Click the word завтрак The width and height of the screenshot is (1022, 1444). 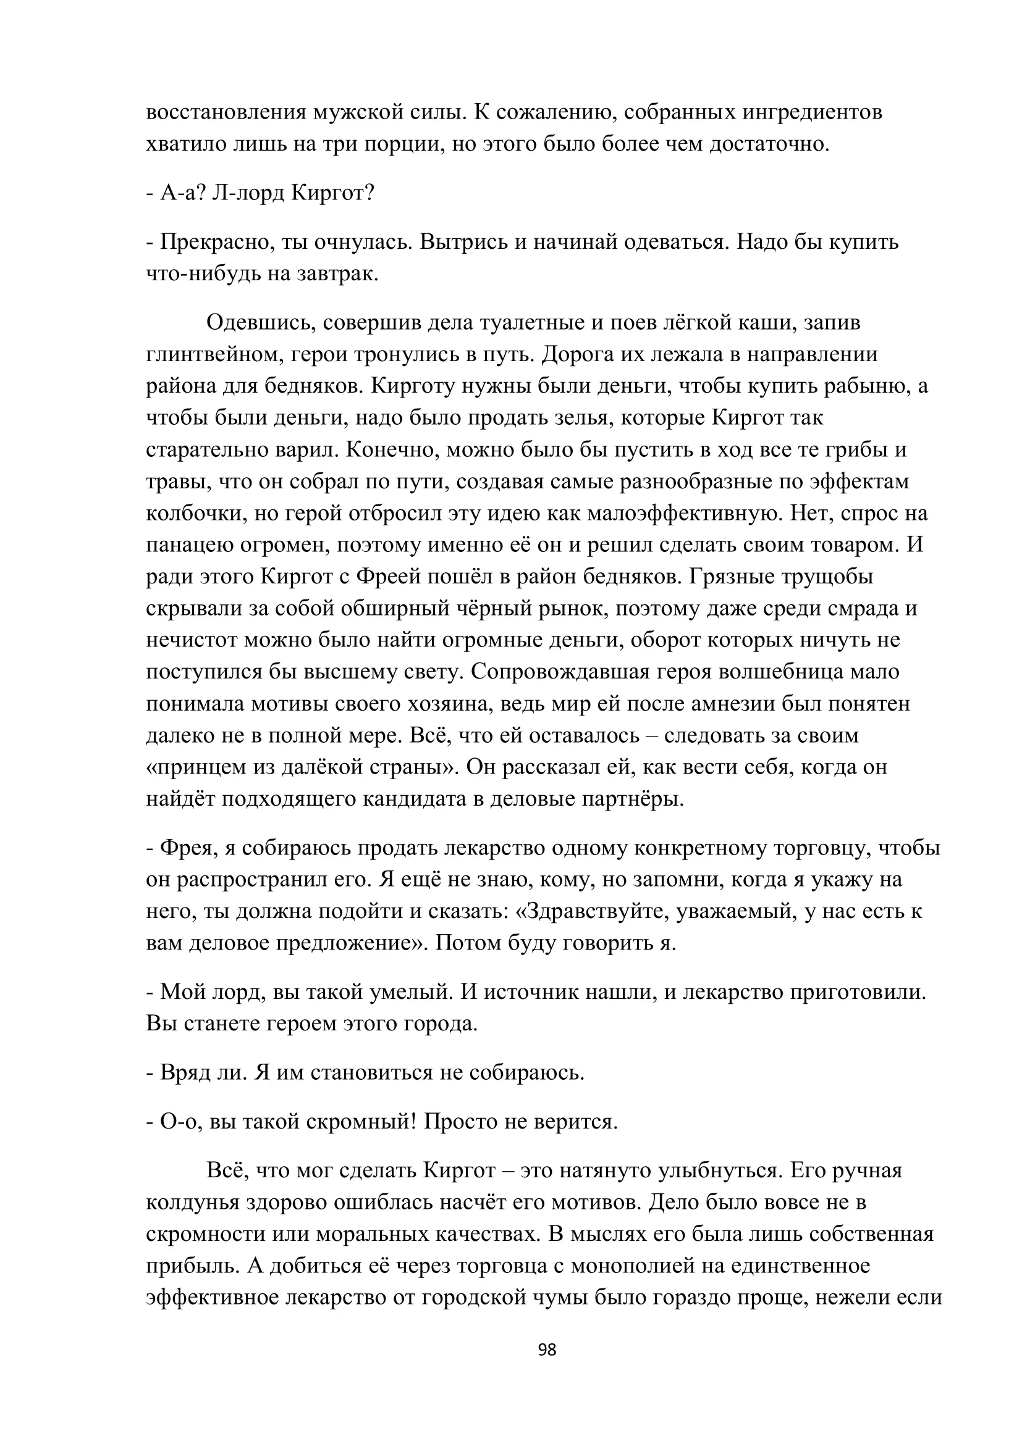point(337,274)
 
